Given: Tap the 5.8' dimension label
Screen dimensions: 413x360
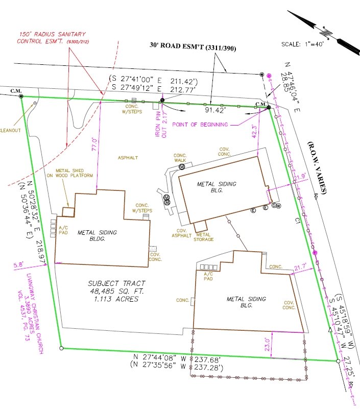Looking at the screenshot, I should pyautogui.click(x=19, y=265).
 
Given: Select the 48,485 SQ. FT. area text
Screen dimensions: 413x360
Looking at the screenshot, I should pyautogui.click(x=116, y=291).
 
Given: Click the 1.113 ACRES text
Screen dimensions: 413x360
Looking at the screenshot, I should pyautogui.click(x=116, y=300).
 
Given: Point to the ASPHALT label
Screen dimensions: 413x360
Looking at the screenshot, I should pyautogui.click(x=128, y=158).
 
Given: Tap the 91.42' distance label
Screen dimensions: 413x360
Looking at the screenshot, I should pyautogui.click(x=216, y=110).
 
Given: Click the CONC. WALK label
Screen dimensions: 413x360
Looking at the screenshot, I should pyautogui.click(x=180, y=158).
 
